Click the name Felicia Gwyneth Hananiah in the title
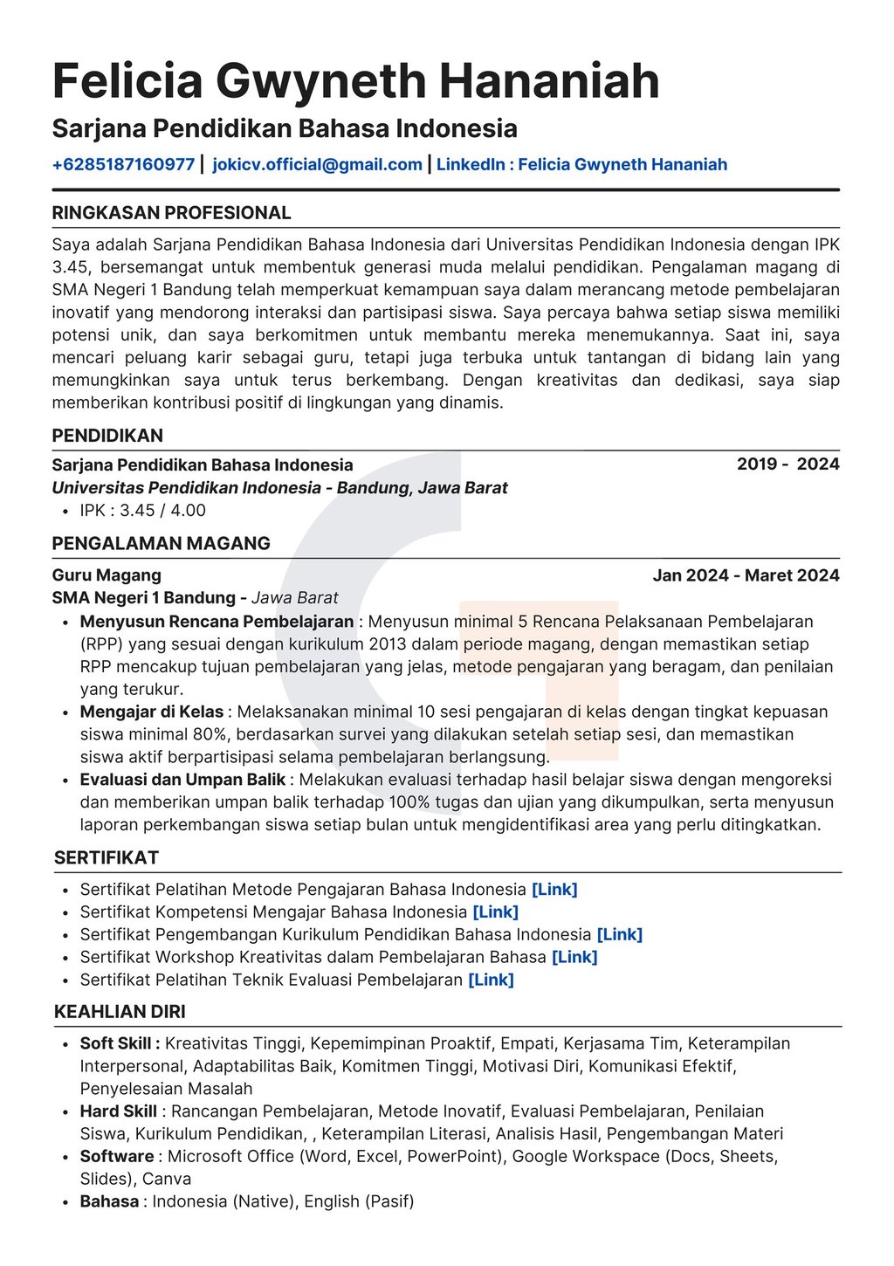pyautogui.click(x=355, y=81)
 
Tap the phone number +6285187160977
pyautogui.click(x=123, y=164)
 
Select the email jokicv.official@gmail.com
pyautogui.click(x=317, y=164)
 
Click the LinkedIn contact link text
pyautogui.click(x=581, y=164)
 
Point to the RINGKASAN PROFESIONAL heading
pyautogui.click(x=171, y=213)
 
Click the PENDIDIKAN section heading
pyautogui.click(x=107, y=436)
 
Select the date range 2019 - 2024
pyautogui.click(x=787, y=464)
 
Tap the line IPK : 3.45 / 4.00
pyautogui.click(x=142, y=510)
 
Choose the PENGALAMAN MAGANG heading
pyautogui.click(x=161, y=543)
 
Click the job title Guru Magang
pyautogui.click(x=107, y=575)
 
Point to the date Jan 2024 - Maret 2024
pyautogui.click(x=746, y=575)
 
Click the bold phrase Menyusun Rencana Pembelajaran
pyautogui.click(x=217, y=622)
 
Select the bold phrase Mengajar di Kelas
pyautogui.click(x=152, y=712)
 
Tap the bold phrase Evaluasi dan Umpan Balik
pyautogui.click(x=182, y=780)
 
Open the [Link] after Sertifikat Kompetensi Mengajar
pyautogui.click(x=495, y=912)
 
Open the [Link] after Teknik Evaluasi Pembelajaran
pyautogui.click(x=491, y=980)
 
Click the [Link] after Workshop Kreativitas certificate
pyautogui.click(x=574, y=957)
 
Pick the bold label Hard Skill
pyautogui.click(x=118, y=1111)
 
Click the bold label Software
pyautogui.click(x=117, y=1156)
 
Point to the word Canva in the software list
pyautogui.click(x=167, y=1179)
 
